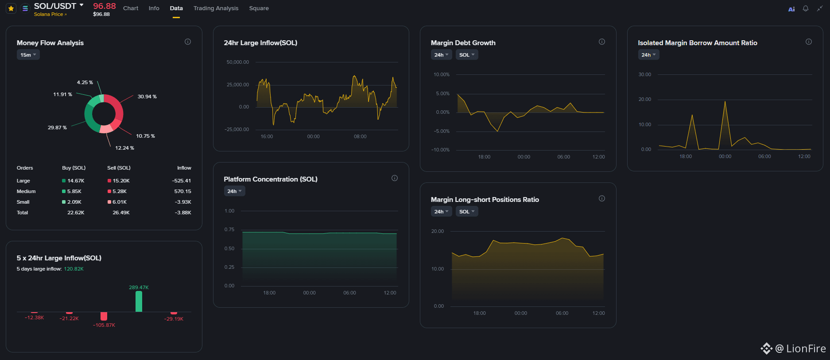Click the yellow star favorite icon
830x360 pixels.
pyautogui.click(x=11, y=8)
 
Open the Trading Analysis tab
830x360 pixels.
pyautogui.click(x=216, y=8)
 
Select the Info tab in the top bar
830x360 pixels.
pyautogui.click(x=154, y=8)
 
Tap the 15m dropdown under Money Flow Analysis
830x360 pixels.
pyautogui.click(x=28, y=55)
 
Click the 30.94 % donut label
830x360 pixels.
pyautogui.click(x=147, y=97)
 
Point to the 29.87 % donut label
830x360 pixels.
pyautogui.click(x=57, y=128)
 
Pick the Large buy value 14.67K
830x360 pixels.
pyautogui.click(x=76, y=181)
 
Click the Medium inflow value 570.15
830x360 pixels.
pyautogui.click(x=182, y=191)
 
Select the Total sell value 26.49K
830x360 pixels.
pyautogui.click(x=121, y=213)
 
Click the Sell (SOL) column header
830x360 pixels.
pyautogui.click(x=119, y=168)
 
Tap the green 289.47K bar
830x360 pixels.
pyautogui.click(x=139, y=301)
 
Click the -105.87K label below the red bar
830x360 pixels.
pyautogui.click(x=104, y=325)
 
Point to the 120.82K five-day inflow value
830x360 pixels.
pyautogui.click(x=74, y=269)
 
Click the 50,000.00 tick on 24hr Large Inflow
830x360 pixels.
pyautogui.click(x=238, y=62)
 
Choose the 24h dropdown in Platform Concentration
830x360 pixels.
pyautogui.click(x=234, y=191)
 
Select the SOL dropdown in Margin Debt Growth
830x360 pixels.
pyautogui.click(x=467, y=55)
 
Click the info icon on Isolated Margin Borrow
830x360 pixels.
pyautogui.click(x=809, y=42)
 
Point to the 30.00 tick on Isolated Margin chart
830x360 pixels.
pyautogui.click(x=645, y=74)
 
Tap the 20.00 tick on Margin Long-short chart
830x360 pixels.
pyautogui.click(x=438, y=231)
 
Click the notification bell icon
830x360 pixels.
pyautogui.click(x=806, y=8)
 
